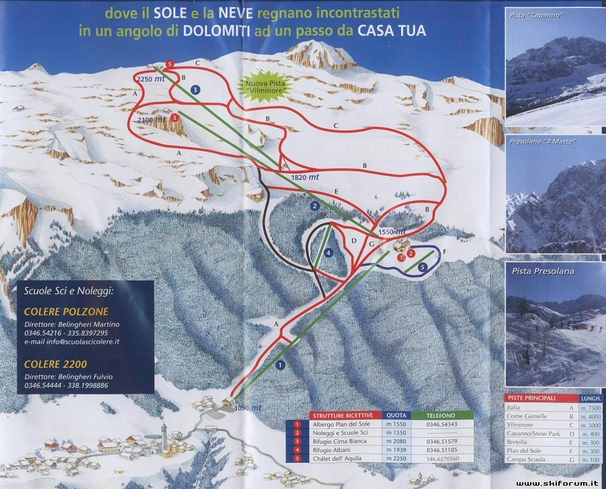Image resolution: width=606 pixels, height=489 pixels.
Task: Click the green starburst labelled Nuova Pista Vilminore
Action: tap(259, 85)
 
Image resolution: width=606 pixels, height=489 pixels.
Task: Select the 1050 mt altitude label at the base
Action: tap(248, 408)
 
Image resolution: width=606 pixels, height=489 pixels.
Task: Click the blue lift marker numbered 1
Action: tap(280, 365)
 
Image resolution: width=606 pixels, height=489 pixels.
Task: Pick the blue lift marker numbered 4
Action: tap(329, 253)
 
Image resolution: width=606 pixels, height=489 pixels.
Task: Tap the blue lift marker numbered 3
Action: tap(195, 89)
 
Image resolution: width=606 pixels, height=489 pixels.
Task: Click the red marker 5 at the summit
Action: tap(170, 64)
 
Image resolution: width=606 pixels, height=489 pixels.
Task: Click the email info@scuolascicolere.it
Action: tap(72, 342)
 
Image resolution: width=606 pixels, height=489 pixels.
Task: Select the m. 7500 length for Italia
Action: tap(593, 408)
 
